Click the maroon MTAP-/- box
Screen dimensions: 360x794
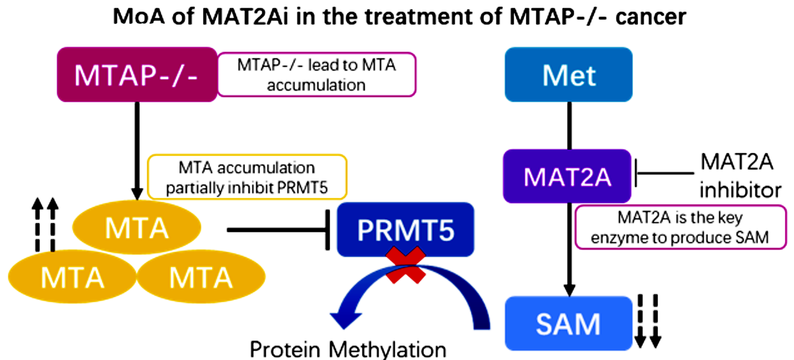pyautogui.click(x=137, y=74)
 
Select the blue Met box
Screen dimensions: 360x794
pyautogui.click(x=568, y=74)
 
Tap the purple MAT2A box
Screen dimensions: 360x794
pyautogui.click(x=567, y=176)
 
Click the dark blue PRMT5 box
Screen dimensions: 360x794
pyautogui.click(x=405, y=229)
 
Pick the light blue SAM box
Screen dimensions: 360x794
pyautogui.click(x=568, y=324)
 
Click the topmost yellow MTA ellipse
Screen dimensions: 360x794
pyautogui.click(x=136, y=228)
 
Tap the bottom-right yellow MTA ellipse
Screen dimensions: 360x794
pyautogui.click(x=201, y=277)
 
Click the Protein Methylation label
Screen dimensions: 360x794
pyautogui.click(x=348, y=350)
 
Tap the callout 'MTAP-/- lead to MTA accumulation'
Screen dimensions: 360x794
pyautogui.click(x=316, y=75)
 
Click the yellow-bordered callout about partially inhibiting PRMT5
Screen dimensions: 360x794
pyautogui.click(x=247, y=177)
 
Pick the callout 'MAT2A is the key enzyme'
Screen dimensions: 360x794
pyautogui.click(x=680, y=227)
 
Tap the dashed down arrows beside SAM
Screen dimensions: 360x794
pyautogui.click(x=647, y=321)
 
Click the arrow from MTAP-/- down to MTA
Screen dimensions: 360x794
pyautogui.click(x=137, y=147)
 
